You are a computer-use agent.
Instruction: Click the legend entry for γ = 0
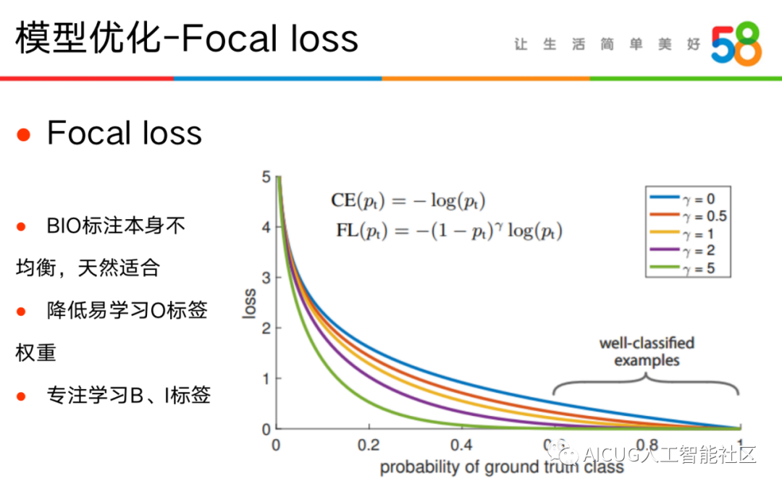682,199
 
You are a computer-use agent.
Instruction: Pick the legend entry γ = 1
682,233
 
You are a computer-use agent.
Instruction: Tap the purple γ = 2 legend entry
682,250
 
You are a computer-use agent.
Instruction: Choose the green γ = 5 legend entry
682,268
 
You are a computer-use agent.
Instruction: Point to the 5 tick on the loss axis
266,177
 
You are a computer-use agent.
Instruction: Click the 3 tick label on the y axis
266,278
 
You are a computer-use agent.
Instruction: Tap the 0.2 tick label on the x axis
369,445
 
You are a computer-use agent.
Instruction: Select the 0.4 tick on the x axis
461,445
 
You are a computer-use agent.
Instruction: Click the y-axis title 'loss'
249,303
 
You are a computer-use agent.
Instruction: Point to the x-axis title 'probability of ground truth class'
502,467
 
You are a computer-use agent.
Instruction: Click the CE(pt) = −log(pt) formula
408,201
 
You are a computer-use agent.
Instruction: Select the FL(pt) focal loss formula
449,231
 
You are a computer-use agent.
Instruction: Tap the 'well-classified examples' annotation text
647,352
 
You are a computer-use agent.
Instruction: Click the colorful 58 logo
736,44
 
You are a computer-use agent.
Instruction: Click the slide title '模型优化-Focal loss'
187,38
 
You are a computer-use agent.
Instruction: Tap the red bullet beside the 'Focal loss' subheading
23,135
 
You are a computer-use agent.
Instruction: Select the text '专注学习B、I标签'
129,395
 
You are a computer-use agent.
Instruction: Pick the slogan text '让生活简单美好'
607,44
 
